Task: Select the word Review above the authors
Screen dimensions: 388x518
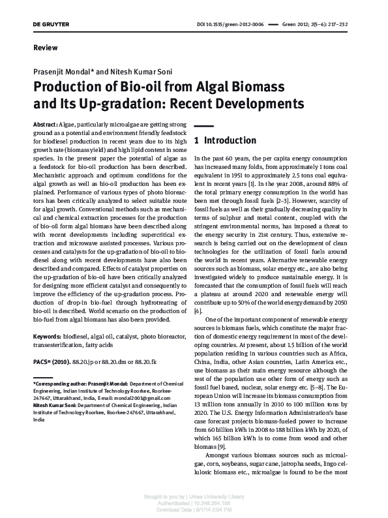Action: click(45, 48)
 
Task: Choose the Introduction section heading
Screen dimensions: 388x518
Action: click(230, 140)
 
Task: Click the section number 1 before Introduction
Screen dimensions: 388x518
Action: click(197, 140)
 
